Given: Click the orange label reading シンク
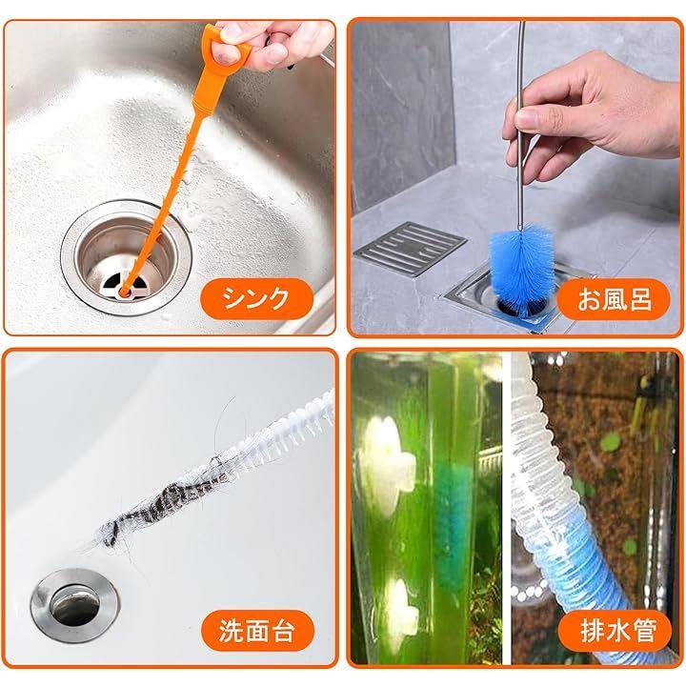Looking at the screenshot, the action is click(x=257, y=299).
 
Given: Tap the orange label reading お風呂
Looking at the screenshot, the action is click(x=615, y=299).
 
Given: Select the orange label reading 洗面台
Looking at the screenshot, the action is click(x=257, y=631).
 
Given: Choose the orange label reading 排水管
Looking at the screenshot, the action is click(x=615, y=631).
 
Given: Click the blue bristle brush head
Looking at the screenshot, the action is click(x=520, y=269).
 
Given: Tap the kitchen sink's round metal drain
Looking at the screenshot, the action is click(x=126, y=257).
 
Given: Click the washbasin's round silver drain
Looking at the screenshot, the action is click(x=75, y=605).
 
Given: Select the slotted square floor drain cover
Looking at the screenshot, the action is click(x=410, y=249).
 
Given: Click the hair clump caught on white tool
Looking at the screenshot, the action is click(x=163, y=508).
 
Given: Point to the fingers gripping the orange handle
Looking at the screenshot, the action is click(x=272, y=44).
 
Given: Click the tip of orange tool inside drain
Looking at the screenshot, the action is click(x=125, y=291).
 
